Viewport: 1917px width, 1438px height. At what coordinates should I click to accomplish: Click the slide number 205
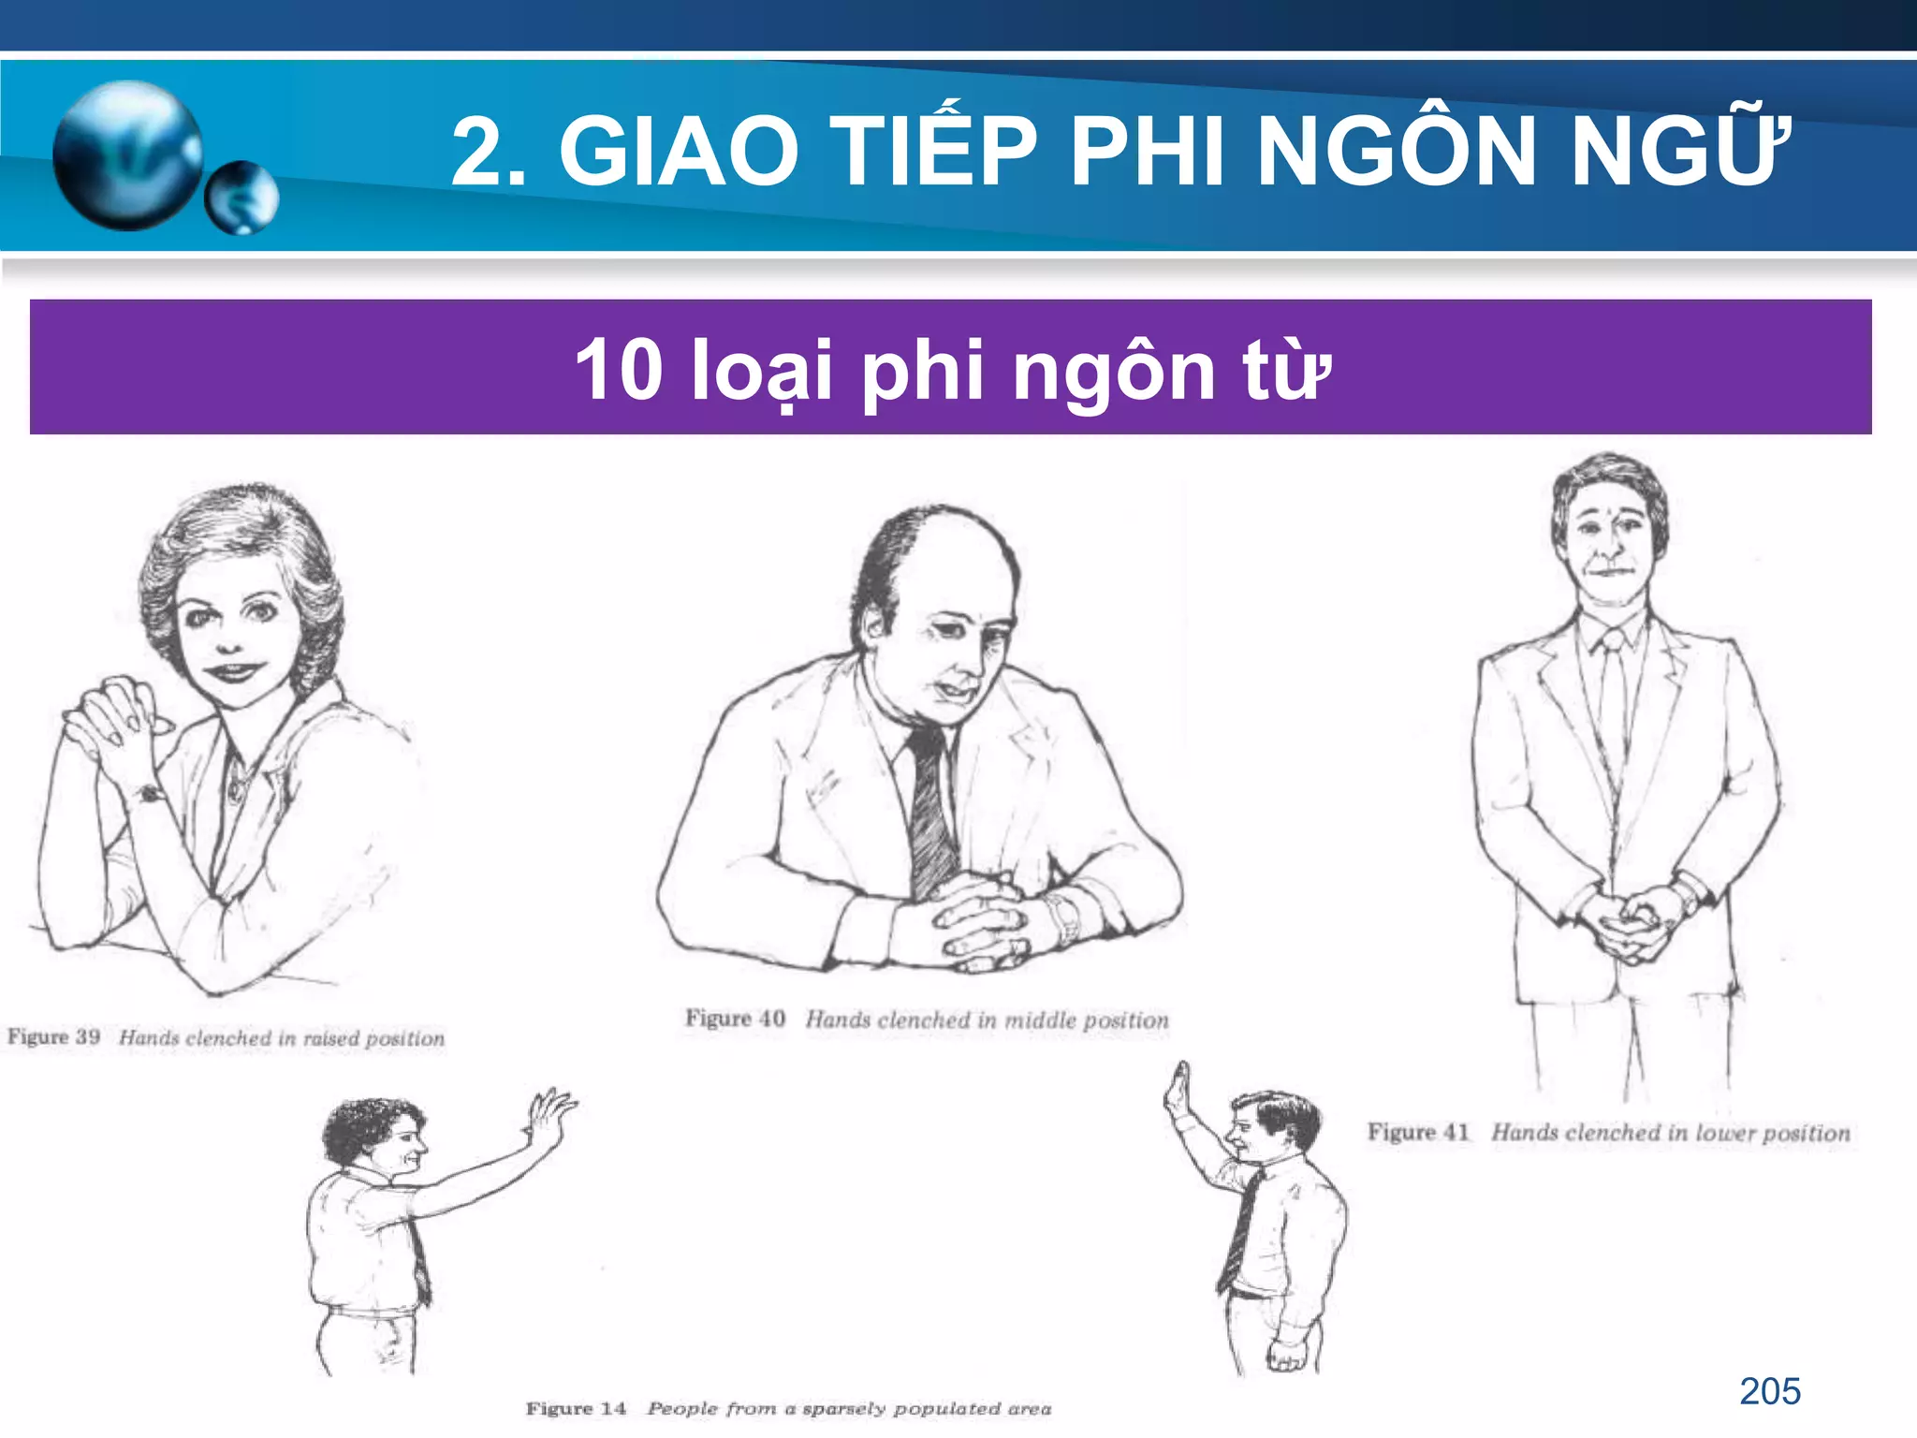pyautogui.click(x=1769, y=1391)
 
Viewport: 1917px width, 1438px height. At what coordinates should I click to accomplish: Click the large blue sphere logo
pyautogui.click(x=127, y=155)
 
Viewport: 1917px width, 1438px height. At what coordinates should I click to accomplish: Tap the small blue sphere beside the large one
pyautogui.click(x=241, y=198)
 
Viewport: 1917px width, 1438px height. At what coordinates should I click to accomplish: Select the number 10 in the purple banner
pyautogui.click(x=619, y=370)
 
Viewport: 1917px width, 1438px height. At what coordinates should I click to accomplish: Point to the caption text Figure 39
pyautogui.click(x=54, y=1036)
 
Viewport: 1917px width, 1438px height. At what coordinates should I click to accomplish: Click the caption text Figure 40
pyautogui.click(x=735, y=1019)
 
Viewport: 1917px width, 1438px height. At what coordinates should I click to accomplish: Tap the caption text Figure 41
pyautogui.click(x=1418, y=1132)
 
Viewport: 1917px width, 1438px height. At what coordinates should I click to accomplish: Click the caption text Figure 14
pyautogui.click(x=576, y=1408)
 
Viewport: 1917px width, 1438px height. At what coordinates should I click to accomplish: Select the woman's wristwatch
pyautogui.click(x=148, y=795)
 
